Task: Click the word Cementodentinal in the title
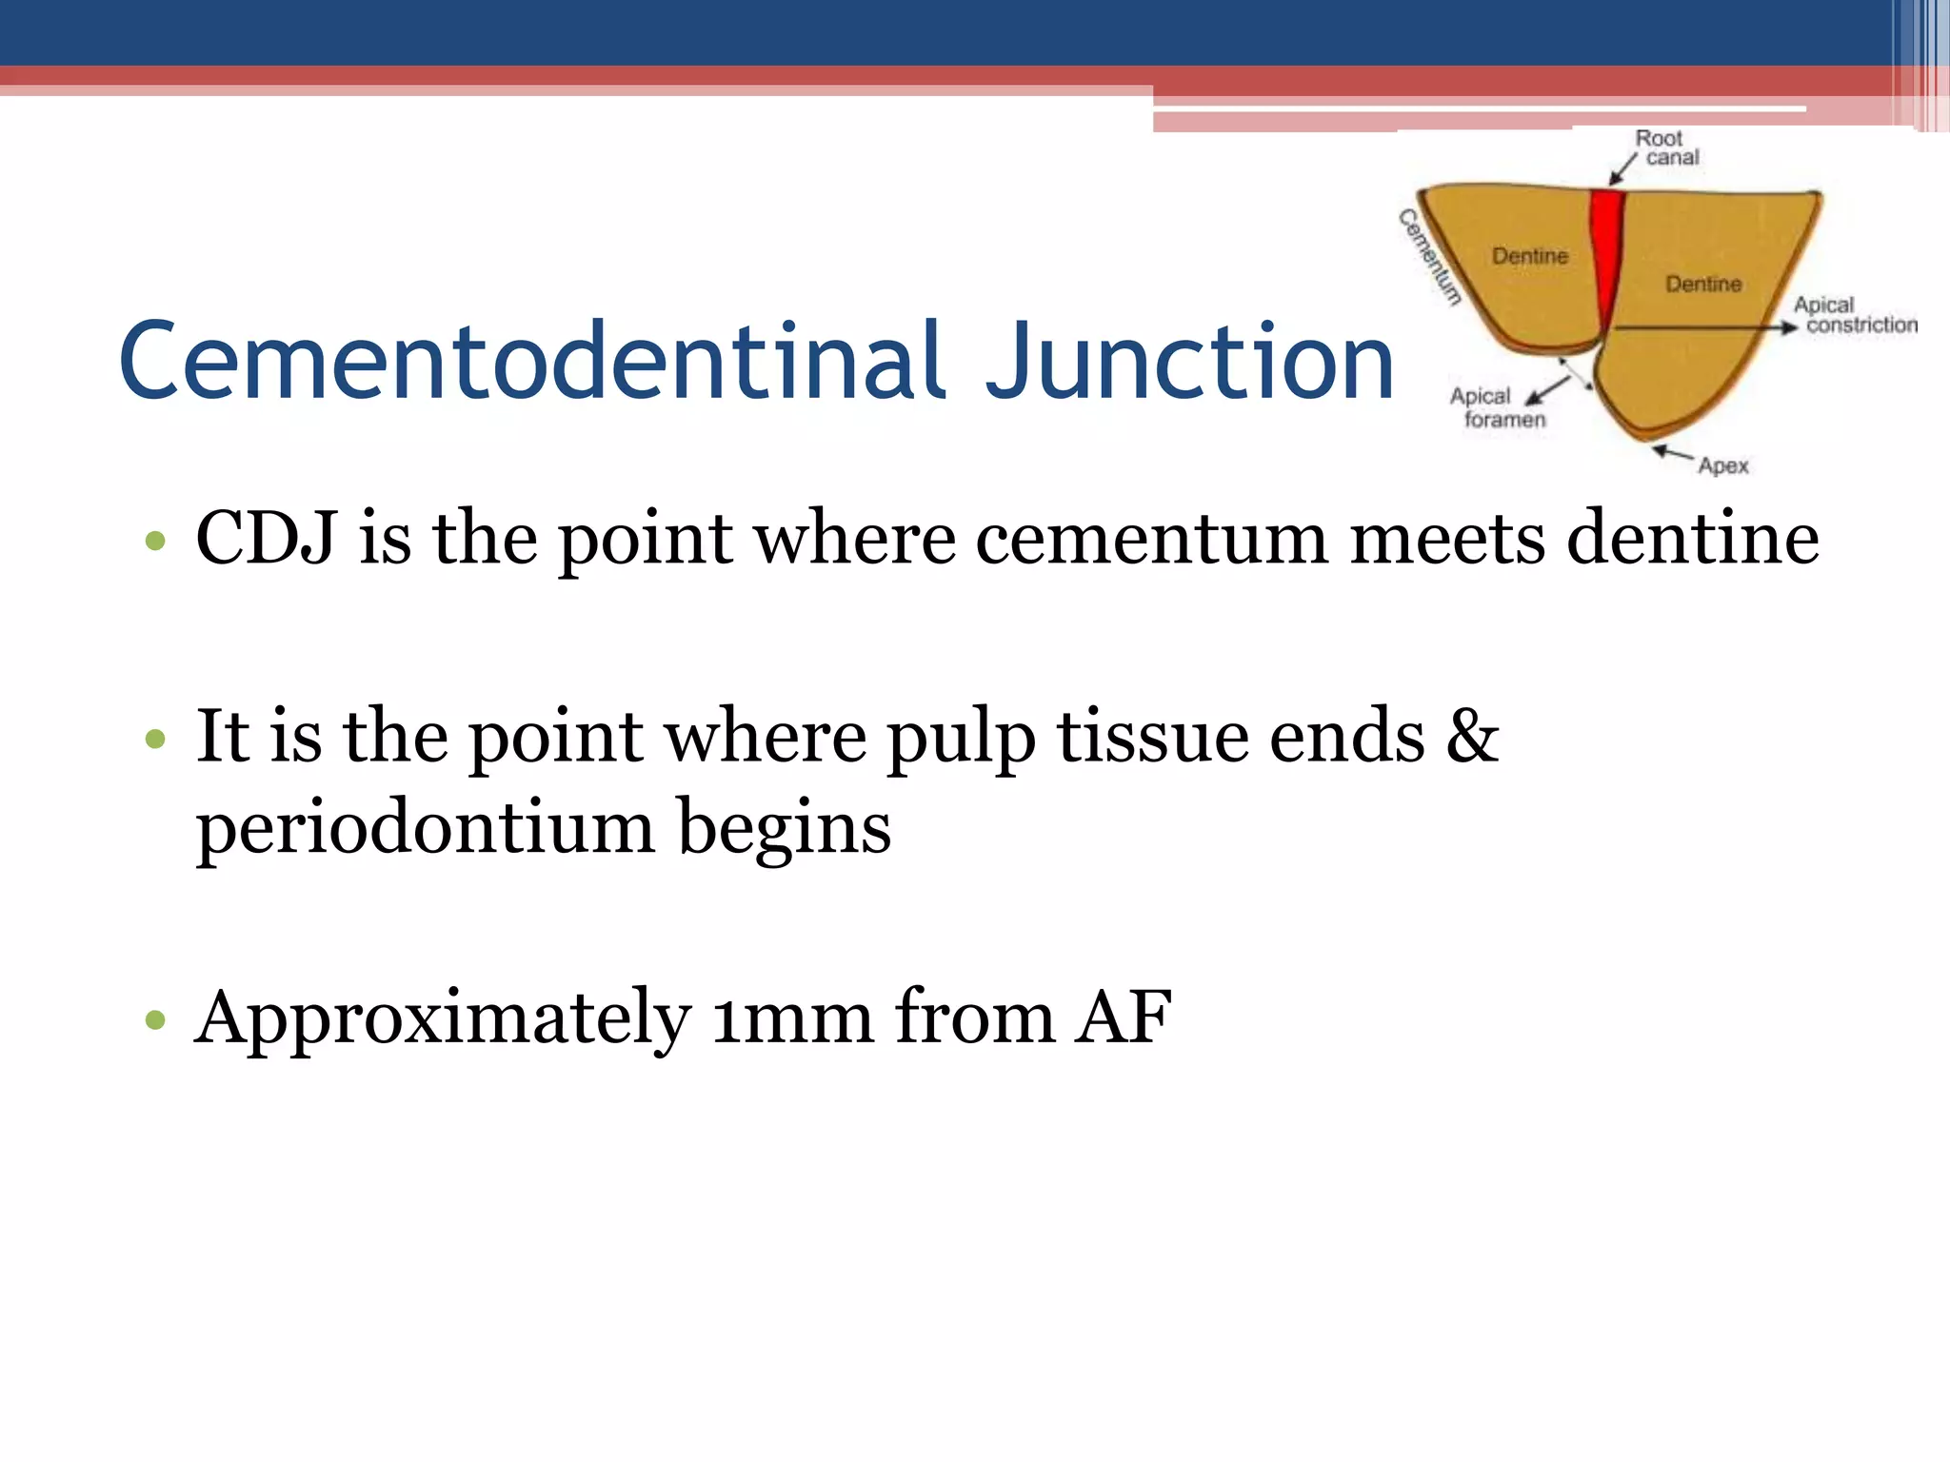(533, 362)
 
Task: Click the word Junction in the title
(1190, 362)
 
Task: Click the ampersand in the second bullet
(1471, 737)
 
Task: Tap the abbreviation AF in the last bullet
(1124, 1018)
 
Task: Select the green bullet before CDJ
(155, 543)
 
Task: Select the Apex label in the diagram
(1723, 465)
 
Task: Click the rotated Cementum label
(1429, 257)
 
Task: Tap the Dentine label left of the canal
(1529, 256)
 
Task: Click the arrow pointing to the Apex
(1672, 453)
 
